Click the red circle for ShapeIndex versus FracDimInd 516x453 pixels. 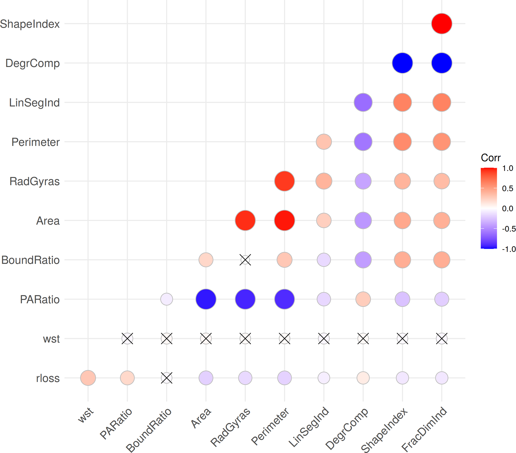click(x=442, y=24)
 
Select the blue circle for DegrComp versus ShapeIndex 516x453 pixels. click(x=402, y=63)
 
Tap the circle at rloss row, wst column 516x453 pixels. click(x=88, y=378)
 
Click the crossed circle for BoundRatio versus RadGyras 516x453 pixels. click(x=245, y=260)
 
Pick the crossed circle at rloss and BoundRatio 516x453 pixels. click(x=167, y=378)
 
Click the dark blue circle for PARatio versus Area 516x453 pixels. click(x=206, y=299)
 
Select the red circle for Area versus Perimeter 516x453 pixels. click(x=285, y=220)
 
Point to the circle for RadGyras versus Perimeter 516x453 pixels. click(x=285, y=181)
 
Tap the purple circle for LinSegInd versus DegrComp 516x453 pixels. click(x=363, y=102)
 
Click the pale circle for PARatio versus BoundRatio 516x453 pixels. click(x=167, y=299)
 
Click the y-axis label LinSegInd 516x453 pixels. click(x=34, y=103)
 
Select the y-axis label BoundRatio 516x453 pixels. click(x=30, y=260)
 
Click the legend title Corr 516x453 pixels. click(x=491, y=158)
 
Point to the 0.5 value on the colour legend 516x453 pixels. click(x=508, y=188)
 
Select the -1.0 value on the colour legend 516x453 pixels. click(x=509, y=249)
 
